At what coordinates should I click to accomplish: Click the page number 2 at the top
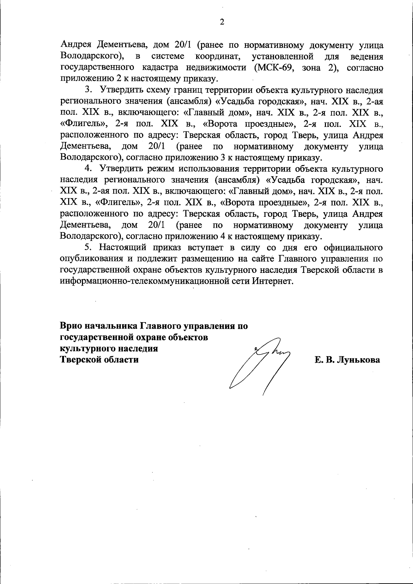coord(222,22)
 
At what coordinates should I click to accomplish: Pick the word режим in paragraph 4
coord(161,169)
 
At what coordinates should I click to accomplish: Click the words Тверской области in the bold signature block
coord(99,360)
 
